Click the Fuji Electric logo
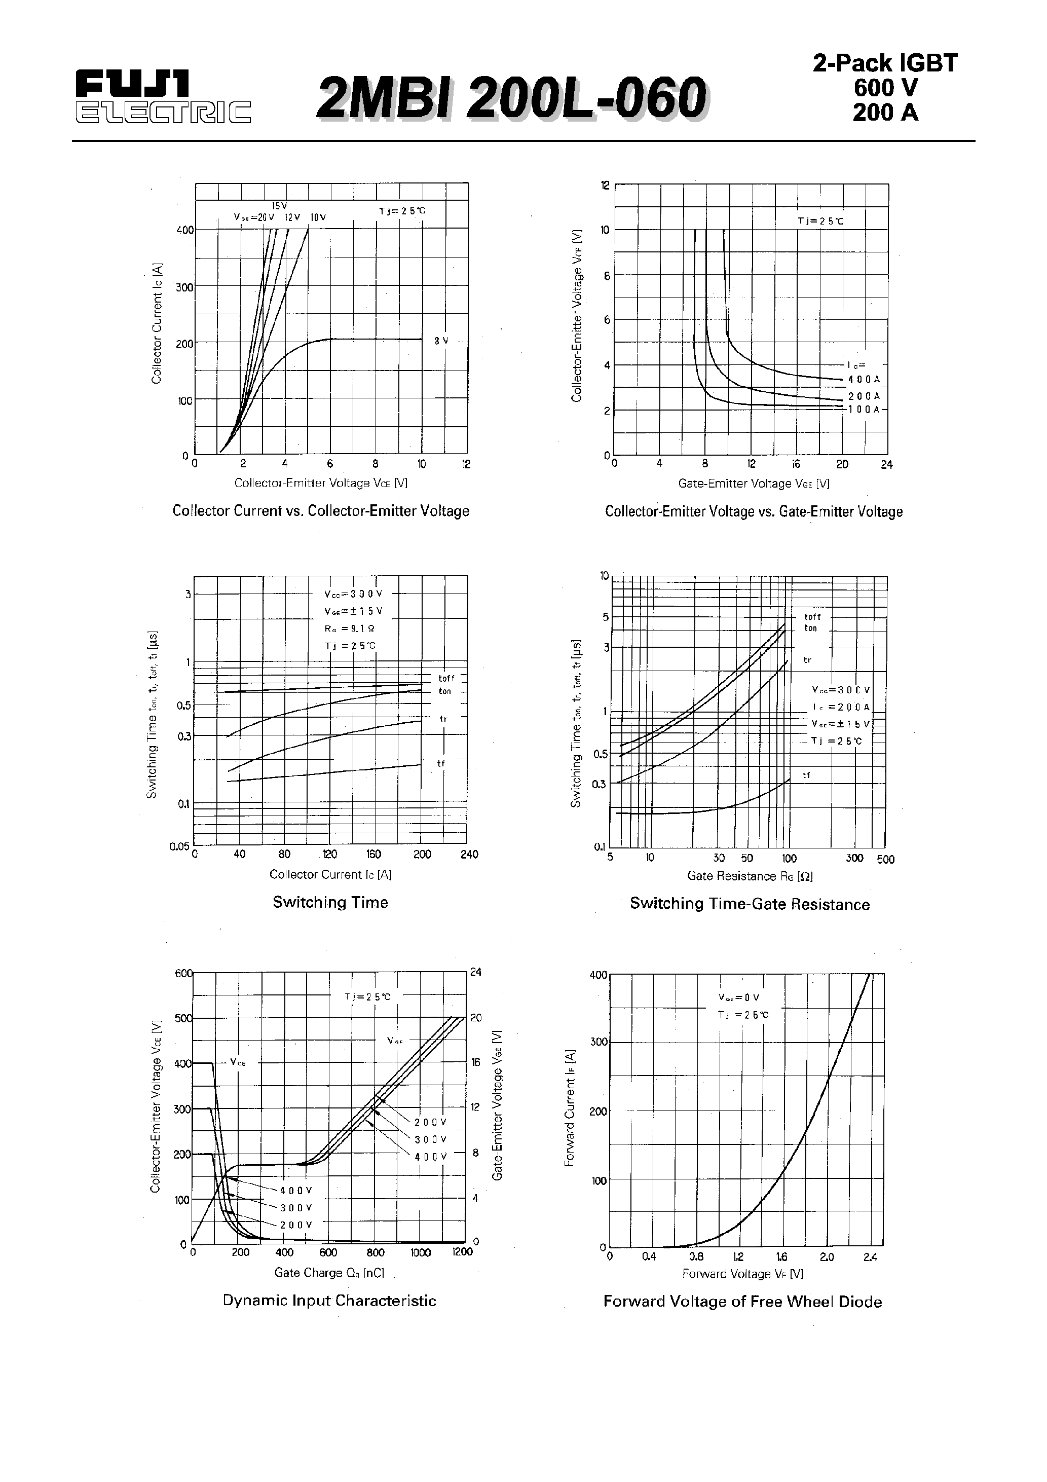(x=163, y=97)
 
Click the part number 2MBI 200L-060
(x=512, y=99)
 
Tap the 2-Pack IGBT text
(x=884, y=63)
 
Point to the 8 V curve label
(x=441, y=341)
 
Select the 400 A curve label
(x=864, y=380)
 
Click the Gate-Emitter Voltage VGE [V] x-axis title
(x=753, y=484)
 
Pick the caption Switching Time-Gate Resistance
(x=750, y=904)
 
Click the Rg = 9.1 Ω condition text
(x=349, y=628)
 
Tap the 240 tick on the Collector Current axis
(x=469, y=855)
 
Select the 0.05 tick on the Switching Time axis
(x=179, y=846)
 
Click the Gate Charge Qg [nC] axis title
(x=329, y=1272)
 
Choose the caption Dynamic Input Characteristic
(x=329, y=1301)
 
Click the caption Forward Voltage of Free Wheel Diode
(x=742, y=1301)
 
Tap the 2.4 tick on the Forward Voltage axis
(x=870, y=1257)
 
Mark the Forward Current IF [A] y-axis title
(x=569, y=1108)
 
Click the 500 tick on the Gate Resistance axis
(x=886, y=859)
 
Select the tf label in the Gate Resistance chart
(x=806, y=775)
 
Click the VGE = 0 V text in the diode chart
(x=738, y=997)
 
